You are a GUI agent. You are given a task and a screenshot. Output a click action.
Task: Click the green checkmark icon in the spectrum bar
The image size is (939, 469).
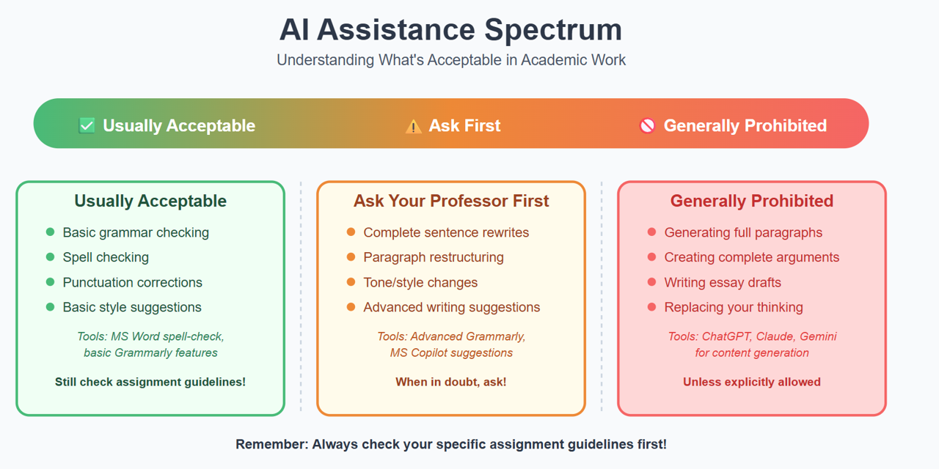pos(87,125)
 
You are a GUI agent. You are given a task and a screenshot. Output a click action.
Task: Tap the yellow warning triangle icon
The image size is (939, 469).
pos(413,127)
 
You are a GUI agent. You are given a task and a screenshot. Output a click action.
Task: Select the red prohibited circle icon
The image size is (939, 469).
pos(647,125)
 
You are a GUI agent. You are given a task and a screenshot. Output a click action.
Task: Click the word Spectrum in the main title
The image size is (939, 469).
pos(553,30)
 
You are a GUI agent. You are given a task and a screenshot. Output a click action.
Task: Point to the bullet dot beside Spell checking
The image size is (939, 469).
pos(51,256)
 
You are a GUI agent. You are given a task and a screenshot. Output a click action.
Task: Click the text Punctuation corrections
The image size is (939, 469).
pos(133,282)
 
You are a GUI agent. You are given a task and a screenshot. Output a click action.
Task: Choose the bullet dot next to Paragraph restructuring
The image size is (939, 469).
pos(351,256)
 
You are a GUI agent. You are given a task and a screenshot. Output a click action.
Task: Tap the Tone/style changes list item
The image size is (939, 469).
pos(420,282)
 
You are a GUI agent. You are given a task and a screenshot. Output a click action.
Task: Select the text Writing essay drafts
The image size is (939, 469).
pos(723,282)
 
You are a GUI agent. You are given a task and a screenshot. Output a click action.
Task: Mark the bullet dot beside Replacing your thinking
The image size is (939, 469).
pos(651,307)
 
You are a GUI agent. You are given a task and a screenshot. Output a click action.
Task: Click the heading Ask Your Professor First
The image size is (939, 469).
pos(451,201)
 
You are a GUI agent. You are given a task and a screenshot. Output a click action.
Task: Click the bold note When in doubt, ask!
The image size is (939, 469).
pos(451,382)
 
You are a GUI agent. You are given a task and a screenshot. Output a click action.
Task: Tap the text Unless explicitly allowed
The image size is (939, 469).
pos(752,382)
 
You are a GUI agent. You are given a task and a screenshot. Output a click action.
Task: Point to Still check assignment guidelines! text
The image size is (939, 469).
pos(150,382)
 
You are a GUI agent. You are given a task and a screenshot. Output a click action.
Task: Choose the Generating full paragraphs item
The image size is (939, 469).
pos(743,232)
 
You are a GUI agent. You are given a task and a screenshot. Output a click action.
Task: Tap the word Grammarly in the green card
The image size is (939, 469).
pos(143,353)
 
